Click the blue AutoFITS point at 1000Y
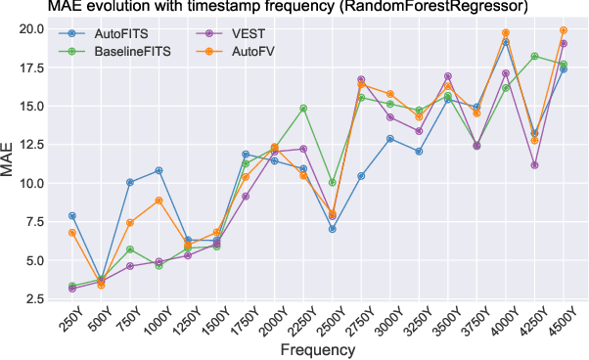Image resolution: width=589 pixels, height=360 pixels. [159, 170]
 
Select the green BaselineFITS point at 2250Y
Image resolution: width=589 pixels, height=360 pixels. [303, 108]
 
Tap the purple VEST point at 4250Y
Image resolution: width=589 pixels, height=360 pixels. [535, 165]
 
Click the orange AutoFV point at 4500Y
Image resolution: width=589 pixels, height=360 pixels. [564, 30]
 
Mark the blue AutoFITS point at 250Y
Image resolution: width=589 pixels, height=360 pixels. [72, 215]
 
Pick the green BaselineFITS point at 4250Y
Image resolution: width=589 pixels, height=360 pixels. [535, 56]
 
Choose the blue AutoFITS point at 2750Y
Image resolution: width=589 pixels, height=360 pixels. [361, 176]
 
